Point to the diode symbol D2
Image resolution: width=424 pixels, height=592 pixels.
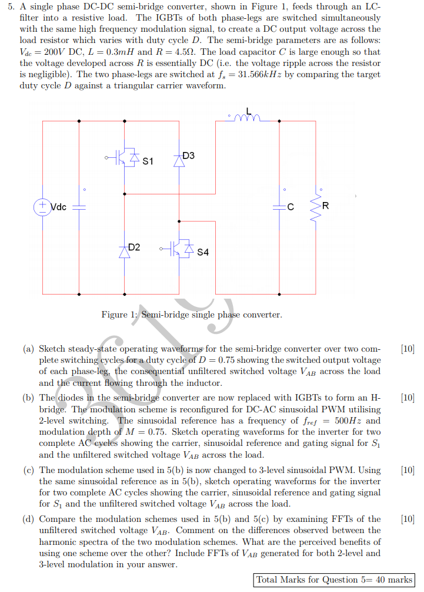[x=124, y=251]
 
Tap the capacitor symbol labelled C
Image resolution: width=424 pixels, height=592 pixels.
[x=279, y=207]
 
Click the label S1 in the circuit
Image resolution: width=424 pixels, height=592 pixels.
[x=148, y=161]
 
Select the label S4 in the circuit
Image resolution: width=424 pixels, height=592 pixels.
[x=203, y=253]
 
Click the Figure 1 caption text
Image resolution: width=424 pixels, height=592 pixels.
[x=192, y=315]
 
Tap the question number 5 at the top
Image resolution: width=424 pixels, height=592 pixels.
[x=12, y=6]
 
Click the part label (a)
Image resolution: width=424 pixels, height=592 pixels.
[x=28, y=349]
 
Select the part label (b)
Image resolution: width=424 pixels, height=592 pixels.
[x=28, y=399]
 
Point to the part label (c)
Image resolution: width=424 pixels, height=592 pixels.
[x=28, y=470]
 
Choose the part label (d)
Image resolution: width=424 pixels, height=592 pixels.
[x=28, y=520]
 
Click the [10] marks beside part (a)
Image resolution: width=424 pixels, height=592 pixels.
[x=407, y=349]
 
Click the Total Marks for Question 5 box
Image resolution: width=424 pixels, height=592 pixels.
[x=334, y=580]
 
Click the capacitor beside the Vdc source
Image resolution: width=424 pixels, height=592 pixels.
[x=79, y=207]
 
